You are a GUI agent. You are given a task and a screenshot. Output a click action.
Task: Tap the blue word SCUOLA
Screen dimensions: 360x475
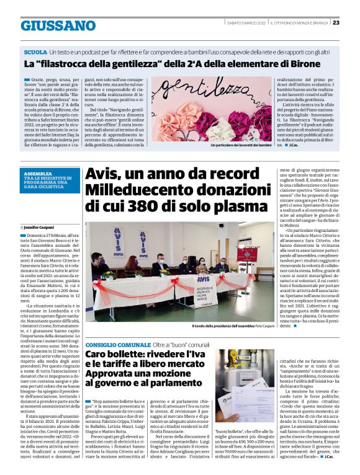[35, 52]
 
